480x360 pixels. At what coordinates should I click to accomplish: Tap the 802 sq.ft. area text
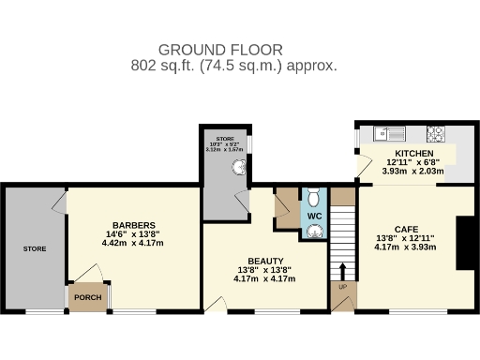(x=233, y=67)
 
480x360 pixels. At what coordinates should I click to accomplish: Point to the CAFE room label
(x=406, y=229)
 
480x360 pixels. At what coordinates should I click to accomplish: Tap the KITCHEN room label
(x=413, y=153)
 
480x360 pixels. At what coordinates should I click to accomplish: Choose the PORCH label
(x=87, y=298)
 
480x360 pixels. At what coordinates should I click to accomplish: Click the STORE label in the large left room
(x=35, y=248)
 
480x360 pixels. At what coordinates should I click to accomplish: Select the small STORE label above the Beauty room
(x=225, y=138)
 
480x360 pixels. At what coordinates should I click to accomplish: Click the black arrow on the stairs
(x=341, y=273)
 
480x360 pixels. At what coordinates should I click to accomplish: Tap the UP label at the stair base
(x=342, y=287)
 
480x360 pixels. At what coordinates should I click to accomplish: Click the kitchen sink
(x=384, y=133)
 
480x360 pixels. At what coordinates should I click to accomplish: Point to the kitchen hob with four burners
(x=435, y=133)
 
